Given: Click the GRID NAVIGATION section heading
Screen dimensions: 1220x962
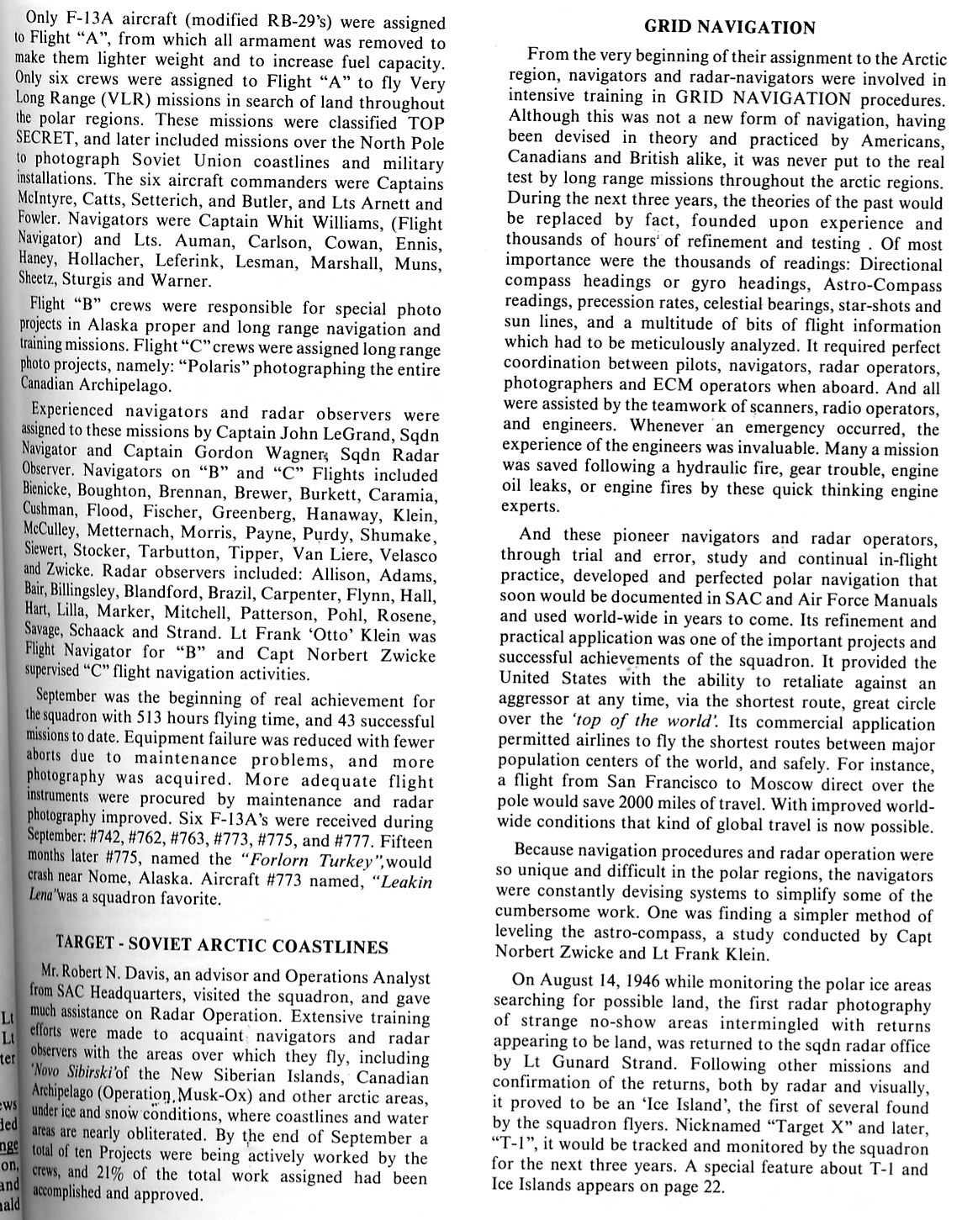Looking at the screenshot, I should click(729, 28).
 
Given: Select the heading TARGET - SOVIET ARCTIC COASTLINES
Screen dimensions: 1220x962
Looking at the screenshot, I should click(221, 946).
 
